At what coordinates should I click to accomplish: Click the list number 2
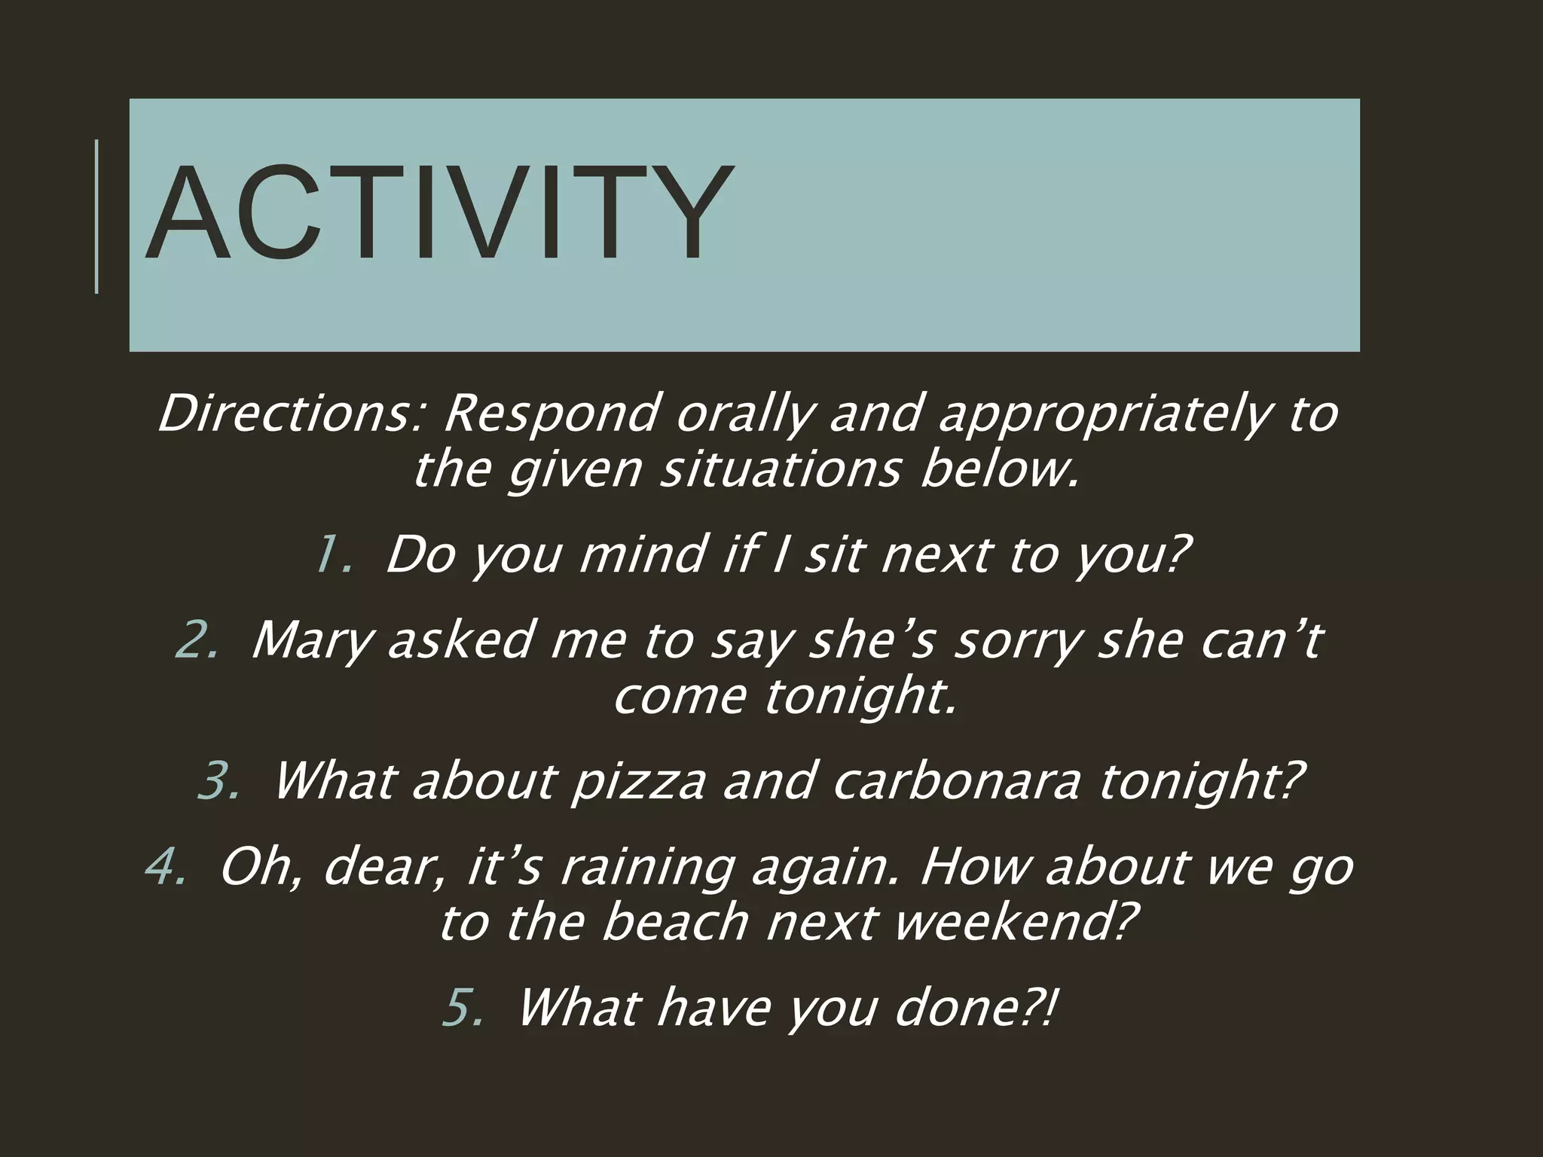coord(197,640)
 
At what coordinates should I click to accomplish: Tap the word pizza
coord(637,782)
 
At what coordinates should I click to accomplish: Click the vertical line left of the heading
coord(96,216)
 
